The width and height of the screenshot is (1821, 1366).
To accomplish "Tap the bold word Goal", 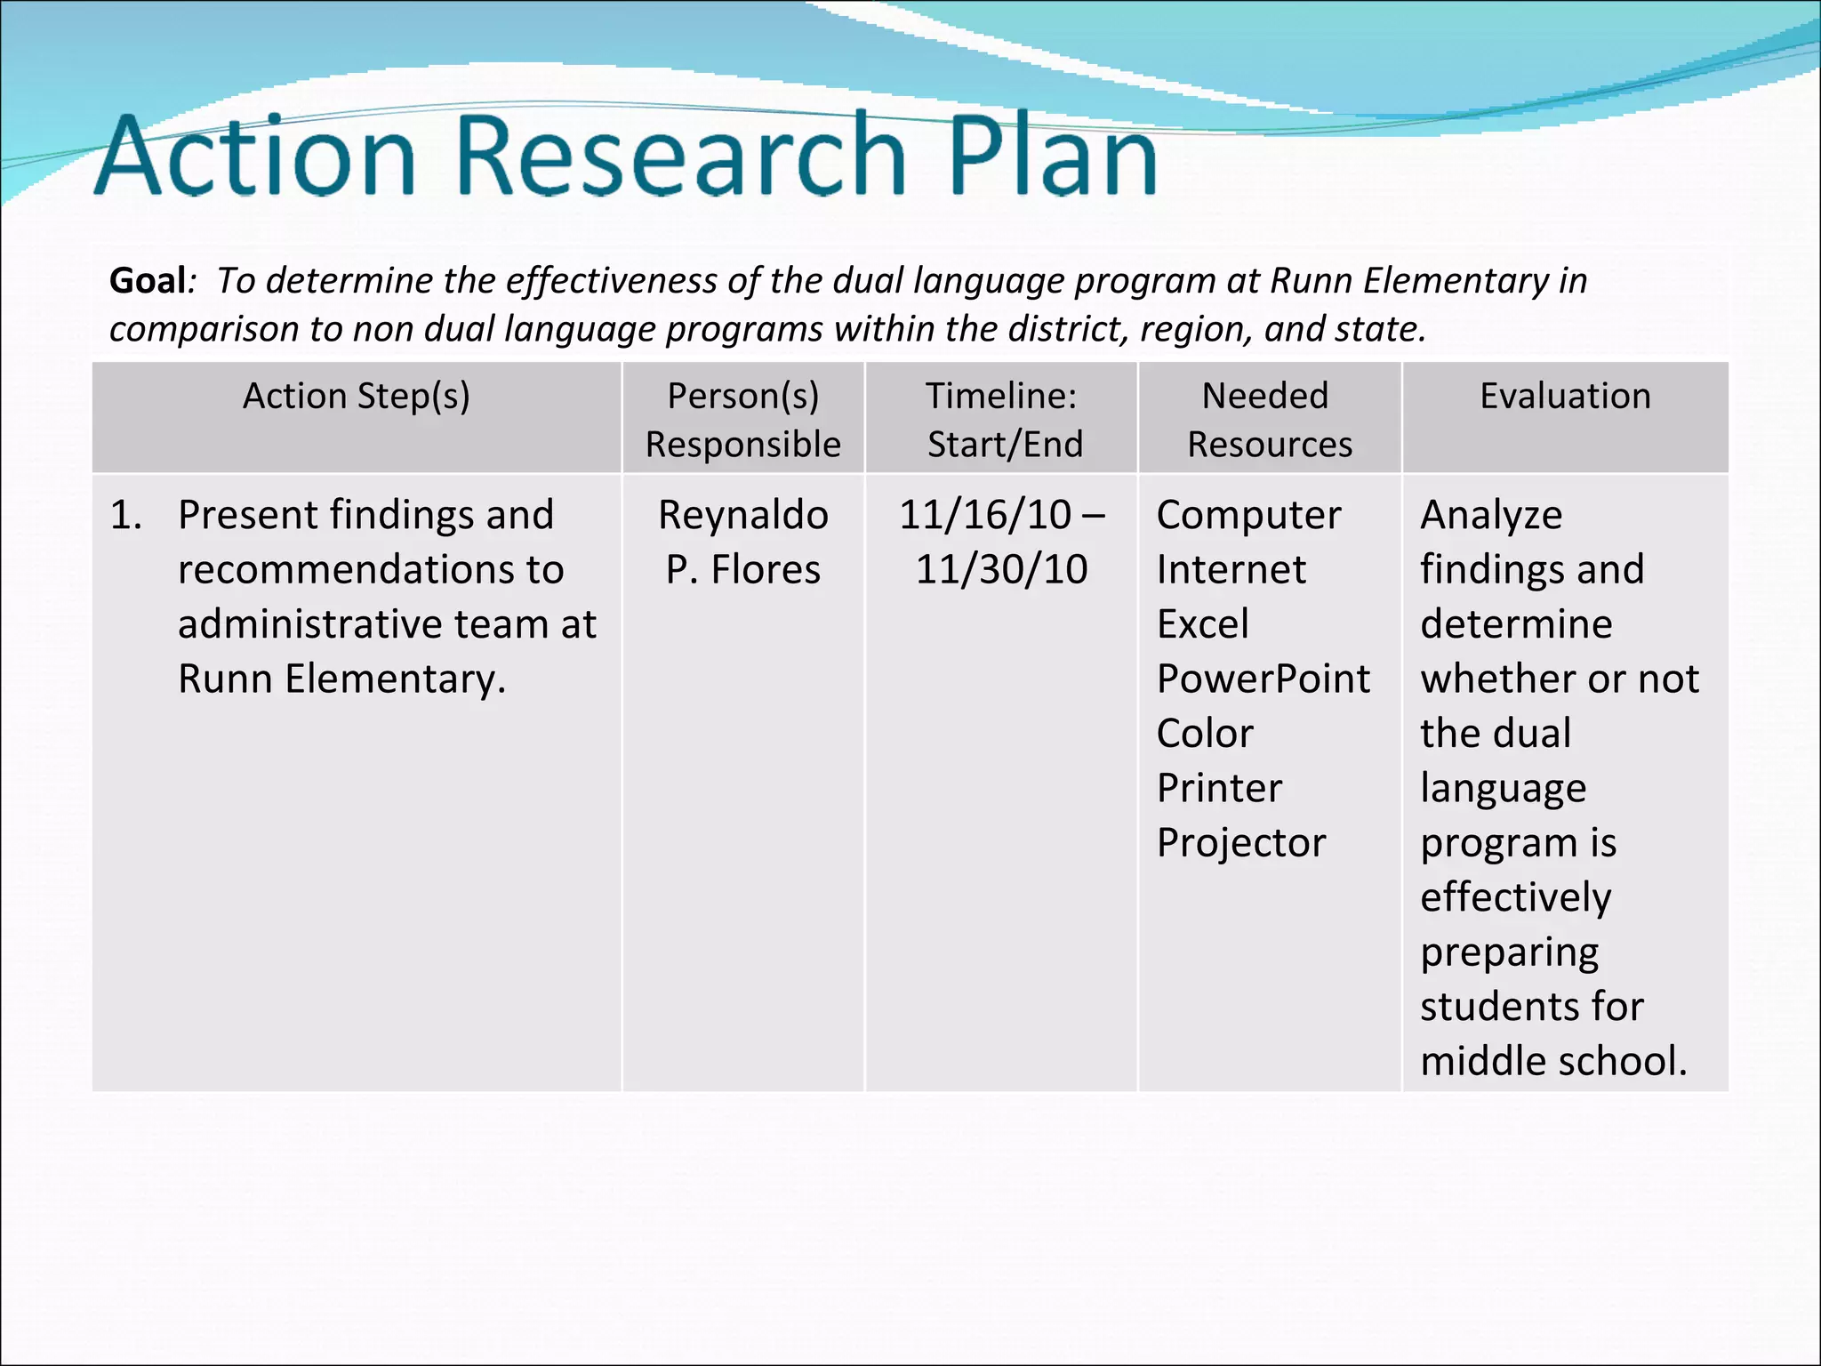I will (148, 280).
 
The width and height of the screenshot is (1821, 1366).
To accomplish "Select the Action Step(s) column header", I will (357, 396).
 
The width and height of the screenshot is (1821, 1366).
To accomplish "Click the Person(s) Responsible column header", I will (743, 419).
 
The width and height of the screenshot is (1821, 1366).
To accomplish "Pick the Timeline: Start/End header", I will (1002, 419).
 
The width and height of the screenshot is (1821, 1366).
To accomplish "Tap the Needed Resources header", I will (1268, 419).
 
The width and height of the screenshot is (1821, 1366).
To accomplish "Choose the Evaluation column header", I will (1565, 396).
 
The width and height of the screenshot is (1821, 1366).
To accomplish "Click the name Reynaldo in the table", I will (743, 515).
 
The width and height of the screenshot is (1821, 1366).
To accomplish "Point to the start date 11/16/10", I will (985, 515).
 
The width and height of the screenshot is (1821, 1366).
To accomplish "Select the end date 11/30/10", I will (1002, 569).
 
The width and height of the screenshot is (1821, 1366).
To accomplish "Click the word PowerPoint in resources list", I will (1263, 679).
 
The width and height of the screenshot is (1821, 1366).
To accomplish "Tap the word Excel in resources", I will (1202, 624).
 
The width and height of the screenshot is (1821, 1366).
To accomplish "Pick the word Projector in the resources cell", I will (1241, 843).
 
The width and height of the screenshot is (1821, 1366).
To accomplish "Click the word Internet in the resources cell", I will (1231, 569).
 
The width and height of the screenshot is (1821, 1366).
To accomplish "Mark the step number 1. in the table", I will (126, 515).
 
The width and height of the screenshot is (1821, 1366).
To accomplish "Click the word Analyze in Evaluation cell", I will (1491, 515).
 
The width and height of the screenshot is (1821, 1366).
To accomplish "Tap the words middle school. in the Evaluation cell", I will (1553, 1061).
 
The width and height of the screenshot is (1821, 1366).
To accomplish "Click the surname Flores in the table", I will (766, 569).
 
